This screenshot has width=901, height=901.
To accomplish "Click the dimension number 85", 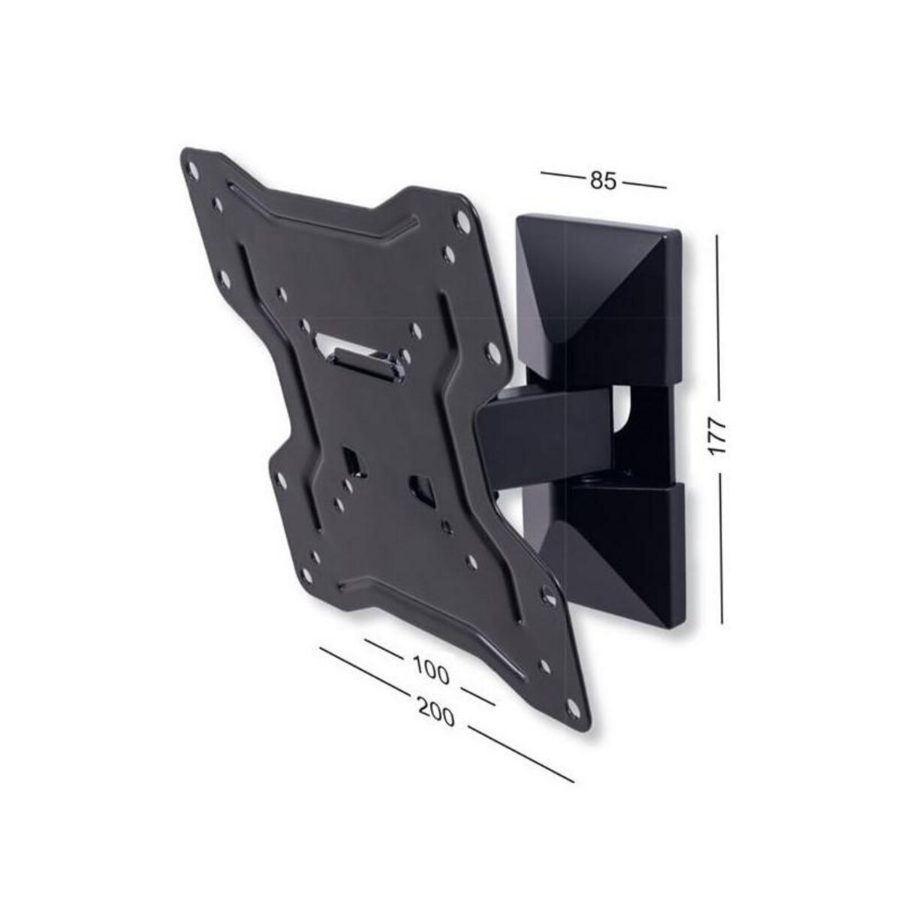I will click(603, 181).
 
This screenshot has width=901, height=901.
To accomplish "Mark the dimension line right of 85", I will click(644, 185).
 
